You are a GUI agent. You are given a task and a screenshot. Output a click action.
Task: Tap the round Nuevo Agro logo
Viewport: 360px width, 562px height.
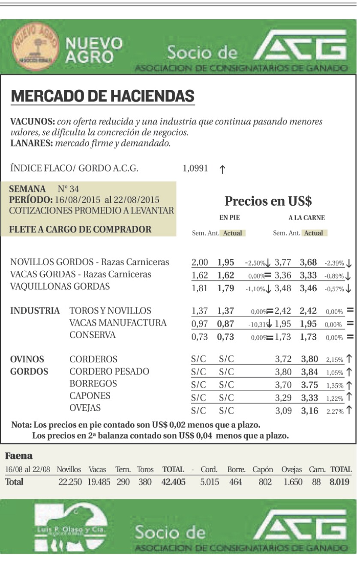click(36, 46)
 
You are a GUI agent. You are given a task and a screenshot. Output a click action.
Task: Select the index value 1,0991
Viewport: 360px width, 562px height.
click(195, 168)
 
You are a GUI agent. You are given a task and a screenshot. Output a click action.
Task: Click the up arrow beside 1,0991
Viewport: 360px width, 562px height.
click(222, 169)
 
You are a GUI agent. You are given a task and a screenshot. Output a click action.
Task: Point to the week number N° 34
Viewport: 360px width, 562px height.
click(68, 189)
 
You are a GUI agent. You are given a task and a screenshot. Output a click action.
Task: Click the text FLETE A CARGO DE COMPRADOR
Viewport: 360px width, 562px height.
click(80, 229)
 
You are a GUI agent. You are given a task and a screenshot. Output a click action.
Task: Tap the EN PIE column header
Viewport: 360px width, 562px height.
click(229, 218)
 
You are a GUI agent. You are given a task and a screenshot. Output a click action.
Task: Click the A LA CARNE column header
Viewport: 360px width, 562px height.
click(306, 218)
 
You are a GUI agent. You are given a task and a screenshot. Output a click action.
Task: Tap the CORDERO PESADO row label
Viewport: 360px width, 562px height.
click(109, 371)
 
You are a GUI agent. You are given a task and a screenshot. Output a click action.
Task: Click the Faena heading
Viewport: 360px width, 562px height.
click(18, 455)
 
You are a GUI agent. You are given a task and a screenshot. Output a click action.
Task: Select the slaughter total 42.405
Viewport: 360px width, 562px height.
click(173, 482)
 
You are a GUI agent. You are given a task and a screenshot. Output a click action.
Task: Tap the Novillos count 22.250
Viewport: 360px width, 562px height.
click(70, 482)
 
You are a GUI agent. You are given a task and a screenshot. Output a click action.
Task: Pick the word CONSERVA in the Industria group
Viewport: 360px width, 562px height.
click(93, 335)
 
